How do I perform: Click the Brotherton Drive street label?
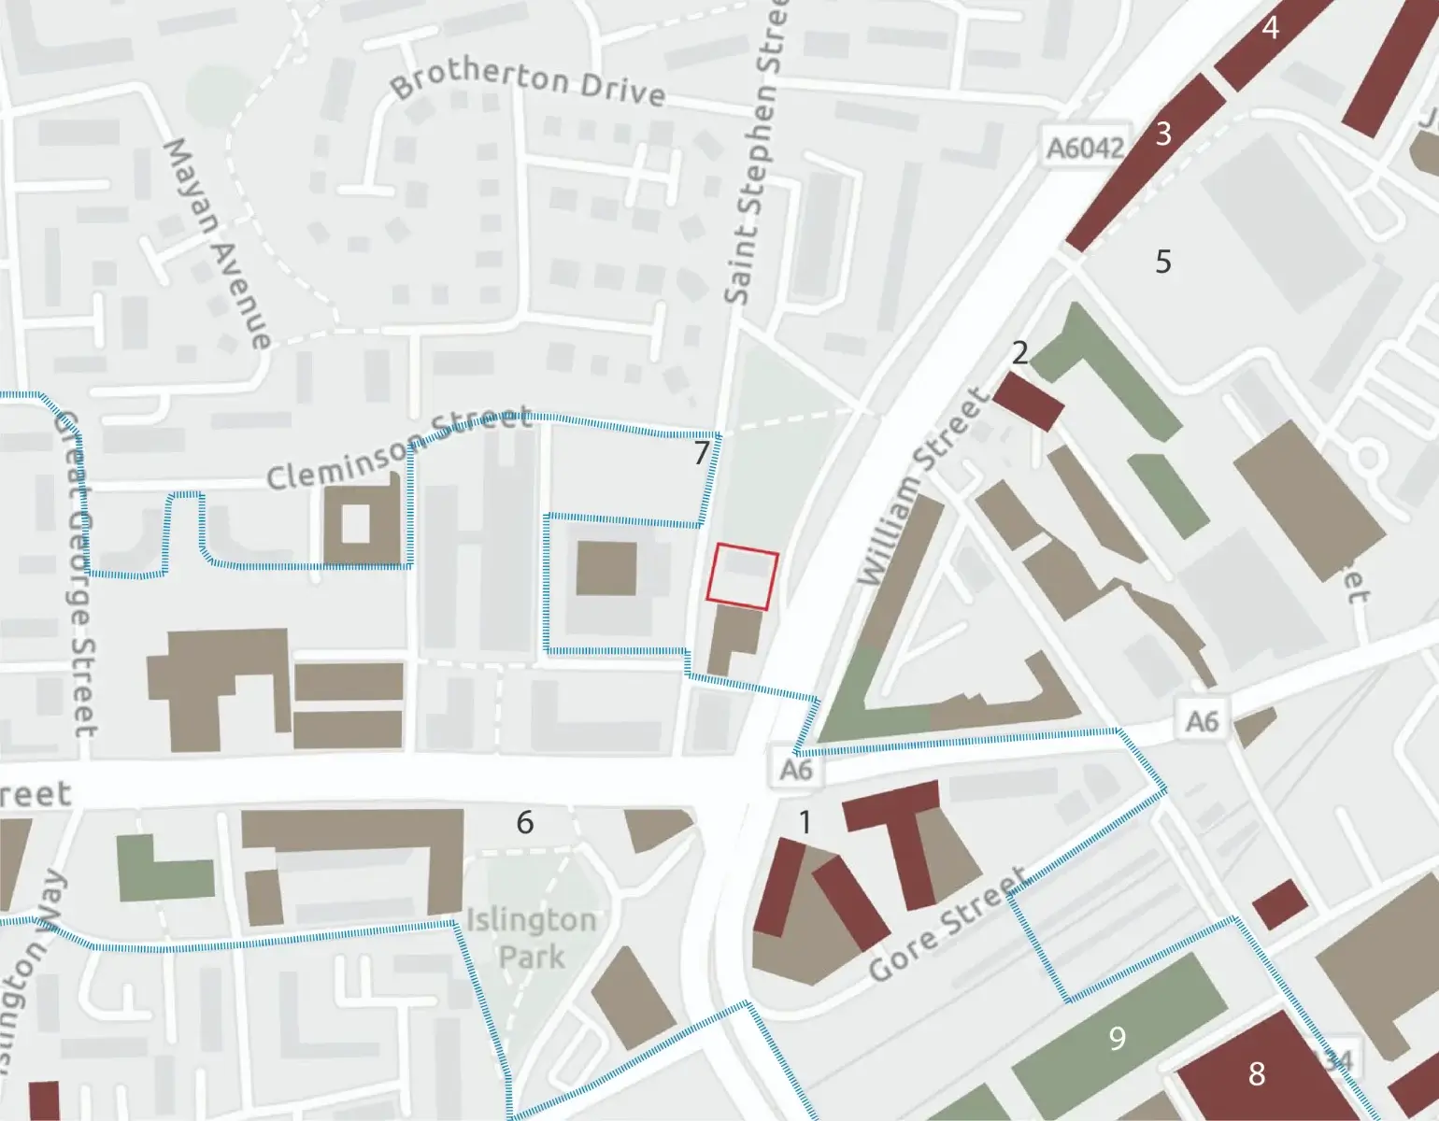[x=528, y=84]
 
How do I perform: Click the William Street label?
[x=922, y=489]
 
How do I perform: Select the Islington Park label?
[x=531, y=938]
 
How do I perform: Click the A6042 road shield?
[x=1084, y=147]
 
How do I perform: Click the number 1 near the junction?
[x=805, y=822]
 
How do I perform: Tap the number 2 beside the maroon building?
[x=1019, y=352]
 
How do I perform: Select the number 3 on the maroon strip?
[x=1162, y=134]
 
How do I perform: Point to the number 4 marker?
[x=1270, y=28]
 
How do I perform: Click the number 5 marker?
[x=1162, y=261]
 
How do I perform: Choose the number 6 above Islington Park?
[x=525, y=822]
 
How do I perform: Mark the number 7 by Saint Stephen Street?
[x=702, y=453]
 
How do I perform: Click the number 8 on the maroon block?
[x=1257, y=1073]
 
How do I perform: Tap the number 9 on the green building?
[x=1117, y=1038]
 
